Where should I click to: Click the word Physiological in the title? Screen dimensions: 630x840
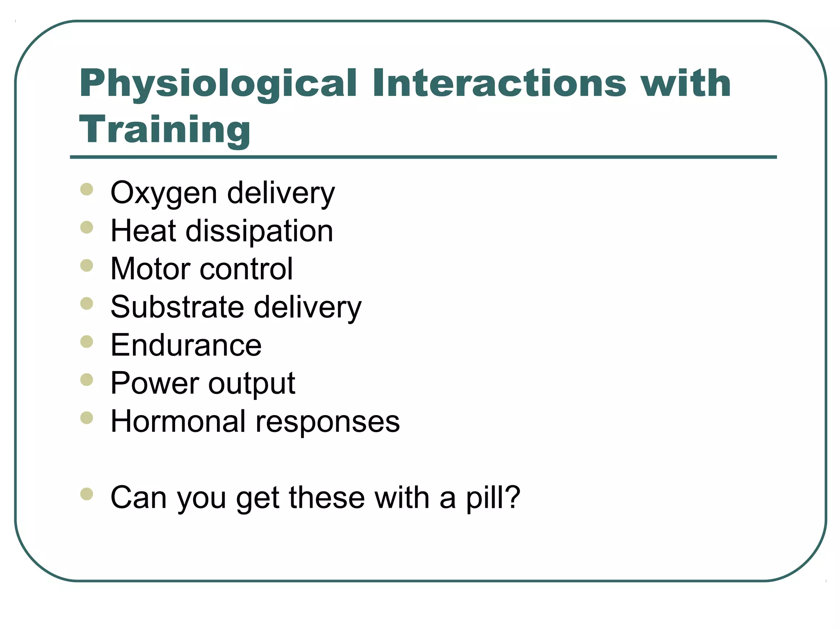point(218,84)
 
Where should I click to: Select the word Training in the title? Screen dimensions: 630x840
point(164,129)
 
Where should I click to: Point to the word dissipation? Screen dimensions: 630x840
point(259,231)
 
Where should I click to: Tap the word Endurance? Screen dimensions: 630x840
point(186,345)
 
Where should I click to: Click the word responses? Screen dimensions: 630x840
point(328,422)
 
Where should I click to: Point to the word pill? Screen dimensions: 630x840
point(493,498)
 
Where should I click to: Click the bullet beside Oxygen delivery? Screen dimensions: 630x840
point(87,189)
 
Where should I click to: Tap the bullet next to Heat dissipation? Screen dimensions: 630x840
point(87,227)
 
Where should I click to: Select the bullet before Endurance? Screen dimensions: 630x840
point(87,342)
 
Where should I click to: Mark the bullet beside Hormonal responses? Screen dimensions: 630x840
point(87,418)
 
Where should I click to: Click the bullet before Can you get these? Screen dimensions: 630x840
point(87,494)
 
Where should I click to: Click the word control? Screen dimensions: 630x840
point(247,269)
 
